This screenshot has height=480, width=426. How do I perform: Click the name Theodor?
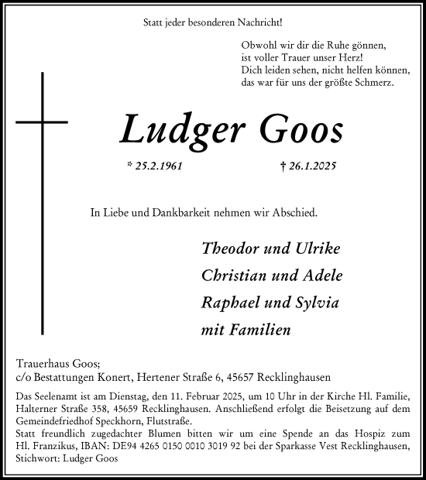point(230,249)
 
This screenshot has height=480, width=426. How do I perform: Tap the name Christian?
point(233,276)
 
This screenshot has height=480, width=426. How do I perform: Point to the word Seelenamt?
point(52,396)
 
